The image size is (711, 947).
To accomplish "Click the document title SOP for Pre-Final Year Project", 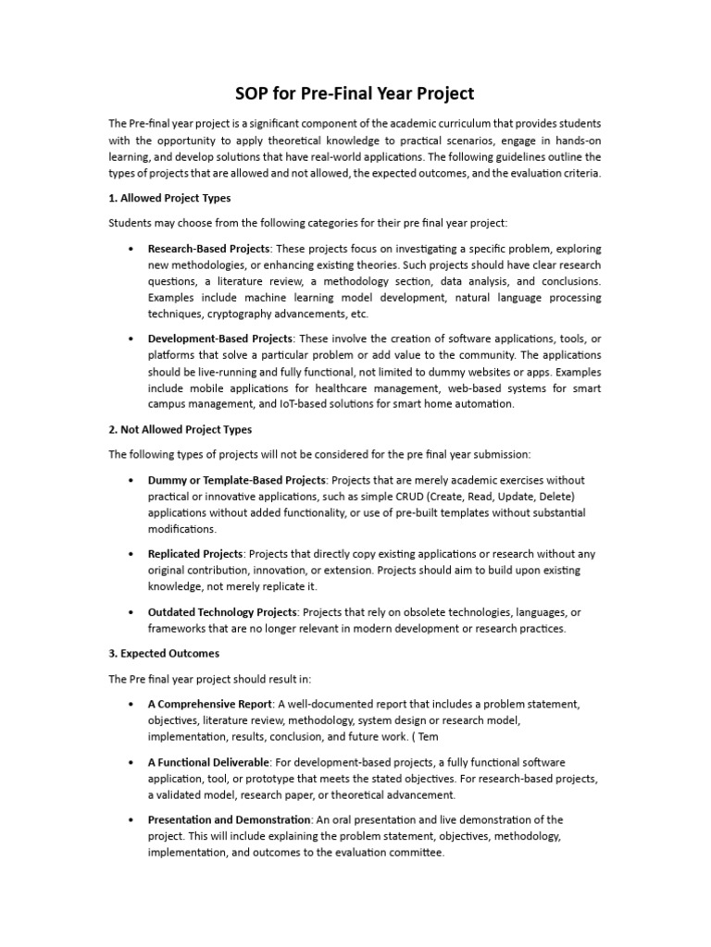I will point(355,93).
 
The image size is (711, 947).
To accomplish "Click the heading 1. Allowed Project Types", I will point(169,198).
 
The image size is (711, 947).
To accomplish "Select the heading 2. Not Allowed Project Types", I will point(180,429).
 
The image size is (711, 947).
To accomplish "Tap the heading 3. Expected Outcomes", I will point(164,653).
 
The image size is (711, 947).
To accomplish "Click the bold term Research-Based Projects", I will point(208,249).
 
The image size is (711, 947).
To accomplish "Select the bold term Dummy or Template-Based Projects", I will point(236,480).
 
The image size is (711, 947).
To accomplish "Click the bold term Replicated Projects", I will point(195,554).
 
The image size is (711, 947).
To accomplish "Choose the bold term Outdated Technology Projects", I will point(222,612).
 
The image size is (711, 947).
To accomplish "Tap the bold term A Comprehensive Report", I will point(210,704).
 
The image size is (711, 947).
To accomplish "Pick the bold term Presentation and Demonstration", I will point(230,819).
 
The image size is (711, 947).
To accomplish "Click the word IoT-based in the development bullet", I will point(270,404).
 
